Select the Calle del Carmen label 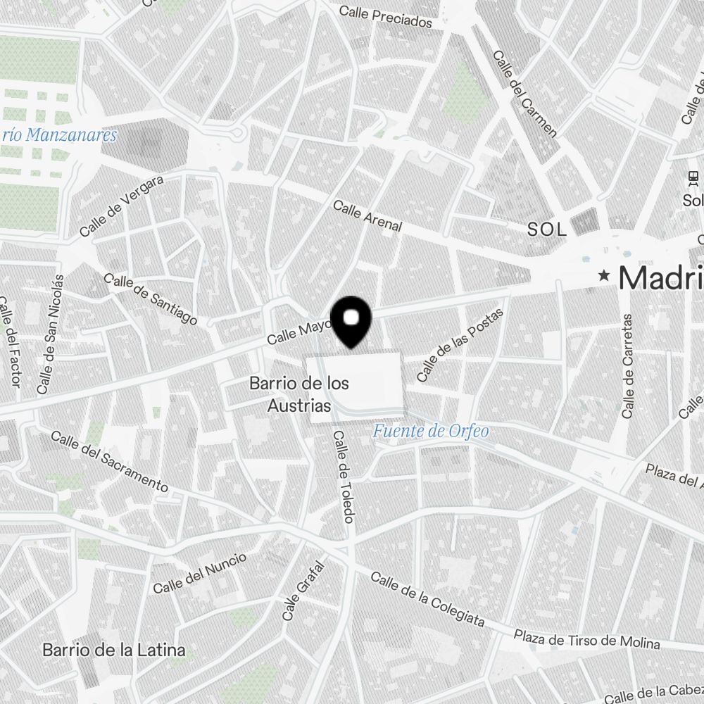524,94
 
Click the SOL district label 547,230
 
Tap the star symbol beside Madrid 603,276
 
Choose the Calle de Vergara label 122,206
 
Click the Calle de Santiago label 151,299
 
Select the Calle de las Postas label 461,345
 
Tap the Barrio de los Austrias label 299,395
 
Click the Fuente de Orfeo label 431,431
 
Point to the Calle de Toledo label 343,477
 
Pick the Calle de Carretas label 629,366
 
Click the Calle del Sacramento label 109,461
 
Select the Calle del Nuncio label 200,572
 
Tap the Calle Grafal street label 303,591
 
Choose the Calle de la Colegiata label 427,598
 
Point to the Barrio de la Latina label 114,649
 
